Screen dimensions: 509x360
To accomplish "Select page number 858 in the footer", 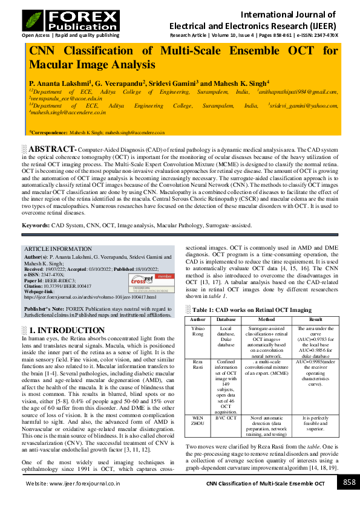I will [x=349, y=482].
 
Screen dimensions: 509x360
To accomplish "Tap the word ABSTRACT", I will [x=51, y=149].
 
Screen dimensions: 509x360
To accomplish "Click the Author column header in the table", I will [x=198, y=319].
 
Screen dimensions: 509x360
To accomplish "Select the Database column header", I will [x=226, y=319].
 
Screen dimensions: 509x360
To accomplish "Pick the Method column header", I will [x=266, y=319].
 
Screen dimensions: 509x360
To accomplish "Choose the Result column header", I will [x=316, y=319].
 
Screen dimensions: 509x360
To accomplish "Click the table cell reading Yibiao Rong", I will [x=198, y=331].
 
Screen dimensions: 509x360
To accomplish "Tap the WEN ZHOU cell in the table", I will [x=198, y=421].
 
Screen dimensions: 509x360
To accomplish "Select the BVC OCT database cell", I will [x=226, y=418].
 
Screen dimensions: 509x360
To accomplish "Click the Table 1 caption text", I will [x=254, y=310].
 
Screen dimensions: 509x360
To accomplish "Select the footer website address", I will [x=72, y=484].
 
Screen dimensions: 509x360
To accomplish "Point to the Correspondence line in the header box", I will [x=97, y=131].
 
